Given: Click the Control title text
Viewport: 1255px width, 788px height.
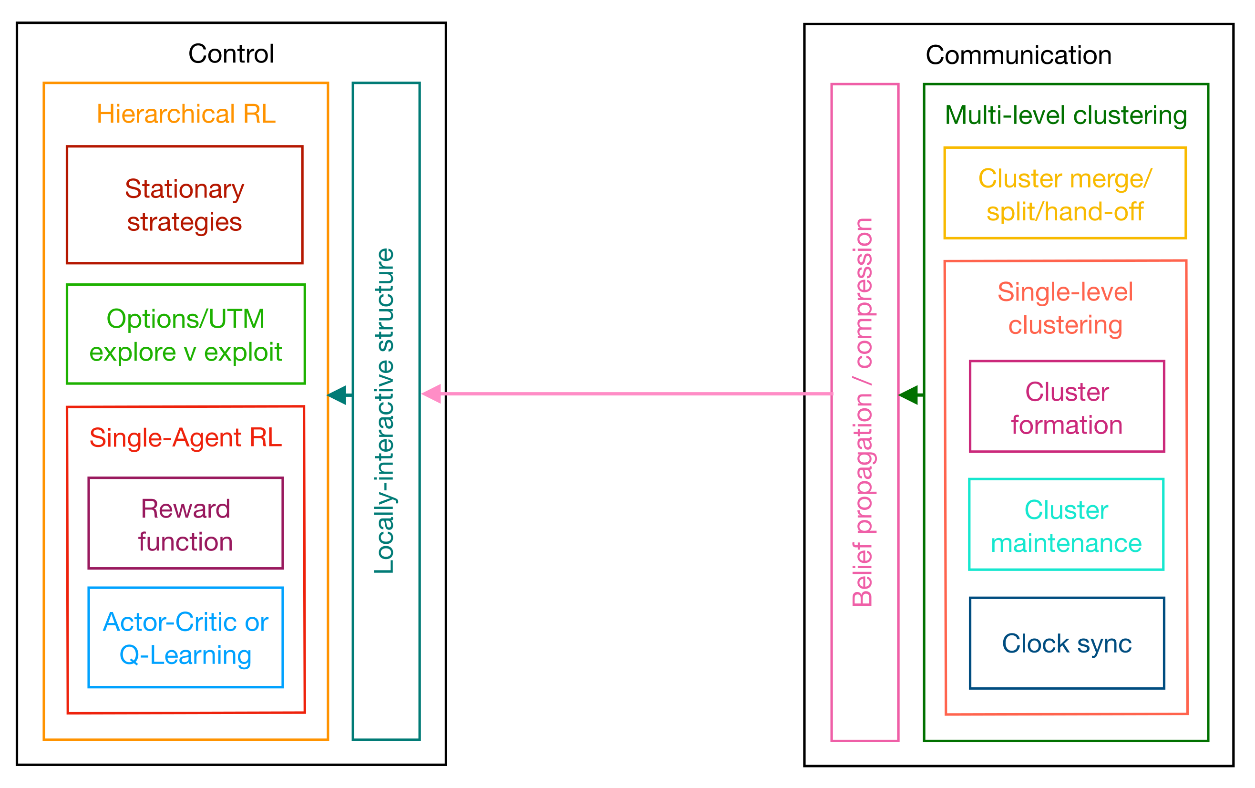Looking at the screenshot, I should coord(231,54).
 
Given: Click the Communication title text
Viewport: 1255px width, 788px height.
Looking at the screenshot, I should coord(1018,55).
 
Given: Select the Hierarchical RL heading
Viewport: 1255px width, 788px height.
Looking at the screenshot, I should coord(186,114).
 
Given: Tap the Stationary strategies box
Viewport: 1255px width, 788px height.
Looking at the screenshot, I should coord(185,205).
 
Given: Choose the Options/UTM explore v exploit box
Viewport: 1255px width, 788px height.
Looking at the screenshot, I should coord(185,334).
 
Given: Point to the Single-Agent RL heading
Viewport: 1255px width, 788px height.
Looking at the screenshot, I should coord(185,437).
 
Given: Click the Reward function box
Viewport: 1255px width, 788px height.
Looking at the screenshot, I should coord(185,524).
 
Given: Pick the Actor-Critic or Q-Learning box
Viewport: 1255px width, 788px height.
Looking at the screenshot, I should coord(185,638).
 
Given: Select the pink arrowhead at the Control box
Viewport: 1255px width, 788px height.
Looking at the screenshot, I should coord(432,394).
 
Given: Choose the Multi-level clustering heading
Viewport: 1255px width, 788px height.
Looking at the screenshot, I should coord(1065,115).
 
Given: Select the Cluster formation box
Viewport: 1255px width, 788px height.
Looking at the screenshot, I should coord(1066,407).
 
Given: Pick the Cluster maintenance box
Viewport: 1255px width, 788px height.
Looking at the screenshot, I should coord(1066,525).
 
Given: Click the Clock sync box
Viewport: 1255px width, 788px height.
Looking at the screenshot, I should coord(1066,643).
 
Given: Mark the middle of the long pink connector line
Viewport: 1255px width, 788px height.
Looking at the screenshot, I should coord(636,394).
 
